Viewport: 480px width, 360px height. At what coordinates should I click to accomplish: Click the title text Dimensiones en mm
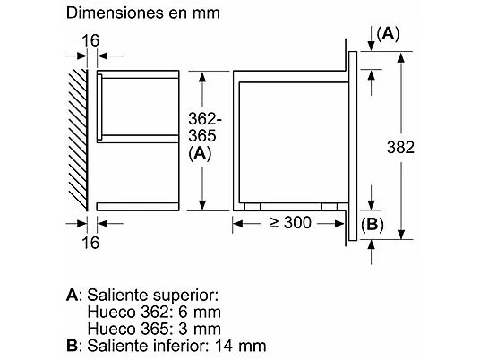pos(143,13)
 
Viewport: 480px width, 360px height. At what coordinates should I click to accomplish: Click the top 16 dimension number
pos(90,40)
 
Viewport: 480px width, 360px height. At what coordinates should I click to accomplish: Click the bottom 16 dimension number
pos(90,243)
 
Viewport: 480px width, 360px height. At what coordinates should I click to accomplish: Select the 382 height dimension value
pos(400,147)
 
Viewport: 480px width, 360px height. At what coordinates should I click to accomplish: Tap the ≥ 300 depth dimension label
pos(290,223)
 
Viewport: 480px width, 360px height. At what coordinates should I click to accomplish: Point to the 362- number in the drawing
pos(205,119)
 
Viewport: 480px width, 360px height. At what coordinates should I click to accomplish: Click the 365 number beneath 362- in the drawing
pos(202,135)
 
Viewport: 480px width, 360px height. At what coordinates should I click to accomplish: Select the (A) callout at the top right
pos(388,34)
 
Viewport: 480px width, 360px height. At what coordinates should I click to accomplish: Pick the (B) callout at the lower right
pos(373,225)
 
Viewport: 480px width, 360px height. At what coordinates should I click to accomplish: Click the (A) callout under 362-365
pos(201,153)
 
